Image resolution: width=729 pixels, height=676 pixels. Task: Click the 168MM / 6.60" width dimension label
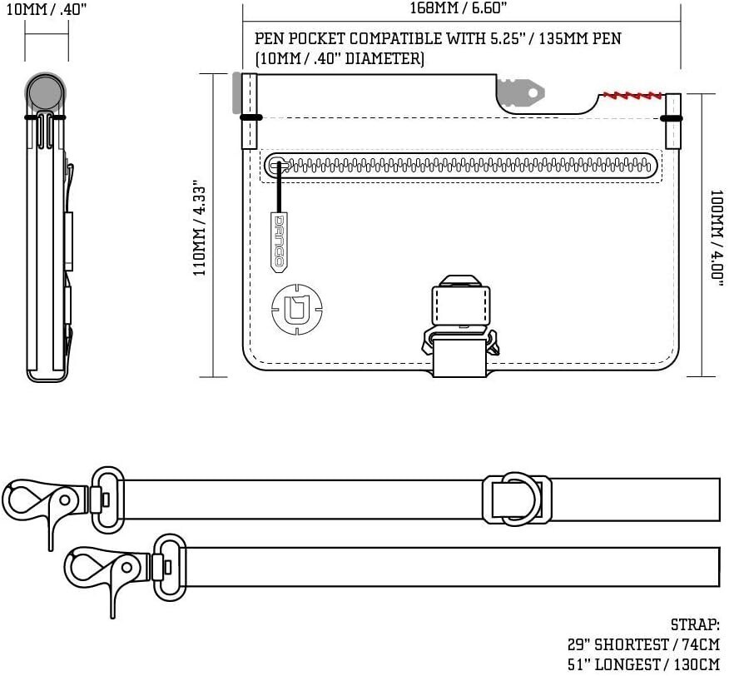(x=458, y=8)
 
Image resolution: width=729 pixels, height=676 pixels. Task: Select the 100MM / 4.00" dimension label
(x=717, y=235)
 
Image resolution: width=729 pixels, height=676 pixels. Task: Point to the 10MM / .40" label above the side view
(x=46, y=9)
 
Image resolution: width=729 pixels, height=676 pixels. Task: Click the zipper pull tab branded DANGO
(x=279, y=242)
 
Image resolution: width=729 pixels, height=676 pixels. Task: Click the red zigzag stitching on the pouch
(x=632, y=97)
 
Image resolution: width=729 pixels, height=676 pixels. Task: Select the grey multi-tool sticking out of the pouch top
(x=520, y=92)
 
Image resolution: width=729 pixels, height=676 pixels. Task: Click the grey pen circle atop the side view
(x=45, y=92)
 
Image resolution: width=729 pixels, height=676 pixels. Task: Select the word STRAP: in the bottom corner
(x=695, y=624)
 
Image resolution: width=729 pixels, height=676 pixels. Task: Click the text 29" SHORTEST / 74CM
(x=644, y=644)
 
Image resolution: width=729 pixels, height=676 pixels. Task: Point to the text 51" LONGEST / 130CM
(x=644, y=664)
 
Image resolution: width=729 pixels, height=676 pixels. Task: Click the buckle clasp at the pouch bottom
(x=460, y=326)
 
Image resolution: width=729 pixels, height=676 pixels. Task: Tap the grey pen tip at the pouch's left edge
(x=236, y=93)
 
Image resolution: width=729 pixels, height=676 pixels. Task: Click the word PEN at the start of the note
(x=268, y=38)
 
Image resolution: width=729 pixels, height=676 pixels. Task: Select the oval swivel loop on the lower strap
(x=170, y=568)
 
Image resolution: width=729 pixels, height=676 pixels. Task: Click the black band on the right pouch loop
(x=672, y=119)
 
